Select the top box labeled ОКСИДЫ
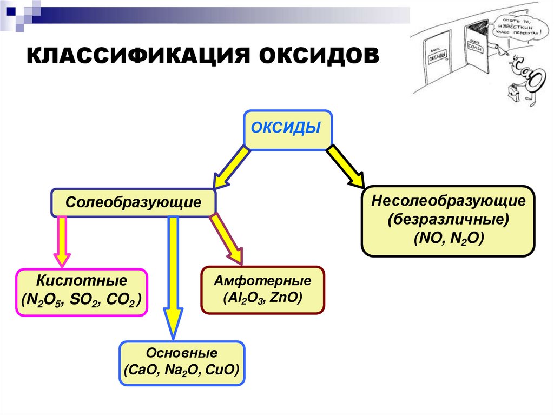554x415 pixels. (288, 130)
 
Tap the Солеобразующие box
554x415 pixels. (134, 203)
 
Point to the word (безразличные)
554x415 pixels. (448, 220)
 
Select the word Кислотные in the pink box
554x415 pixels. (82, 281)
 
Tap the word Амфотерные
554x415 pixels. (262, 281)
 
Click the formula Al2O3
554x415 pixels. (242, 298)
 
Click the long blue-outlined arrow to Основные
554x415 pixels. (173, 276)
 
